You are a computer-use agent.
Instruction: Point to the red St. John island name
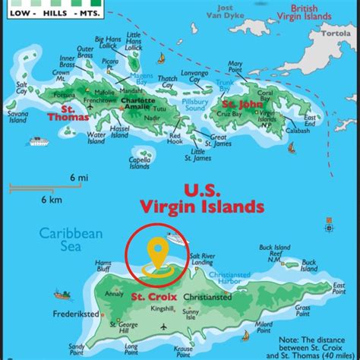tap(242, 104)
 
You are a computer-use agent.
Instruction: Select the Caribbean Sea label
tap(71, 241)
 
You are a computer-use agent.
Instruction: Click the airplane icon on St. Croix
tap(163, 327)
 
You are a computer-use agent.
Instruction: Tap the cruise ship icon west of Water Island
tap(39, 141)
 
